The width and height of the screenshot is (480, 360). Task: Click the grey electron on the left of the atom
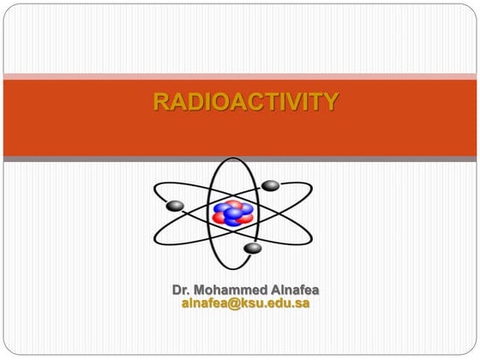[x=176, y=206]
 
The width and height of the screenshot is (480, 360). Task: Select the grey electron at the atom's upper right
[x=271, y=185]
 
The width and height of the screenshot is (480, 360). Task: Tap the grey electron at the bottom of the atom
[x=252, y=248]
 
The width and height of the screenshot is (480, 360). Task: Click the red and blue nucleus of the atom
[x=232, y=212]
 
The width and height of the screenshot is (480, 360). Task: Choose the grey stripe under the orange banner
[x=240, y=159]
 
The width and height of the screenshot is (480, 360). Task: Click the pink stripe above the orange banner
[x=240, y=77]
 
